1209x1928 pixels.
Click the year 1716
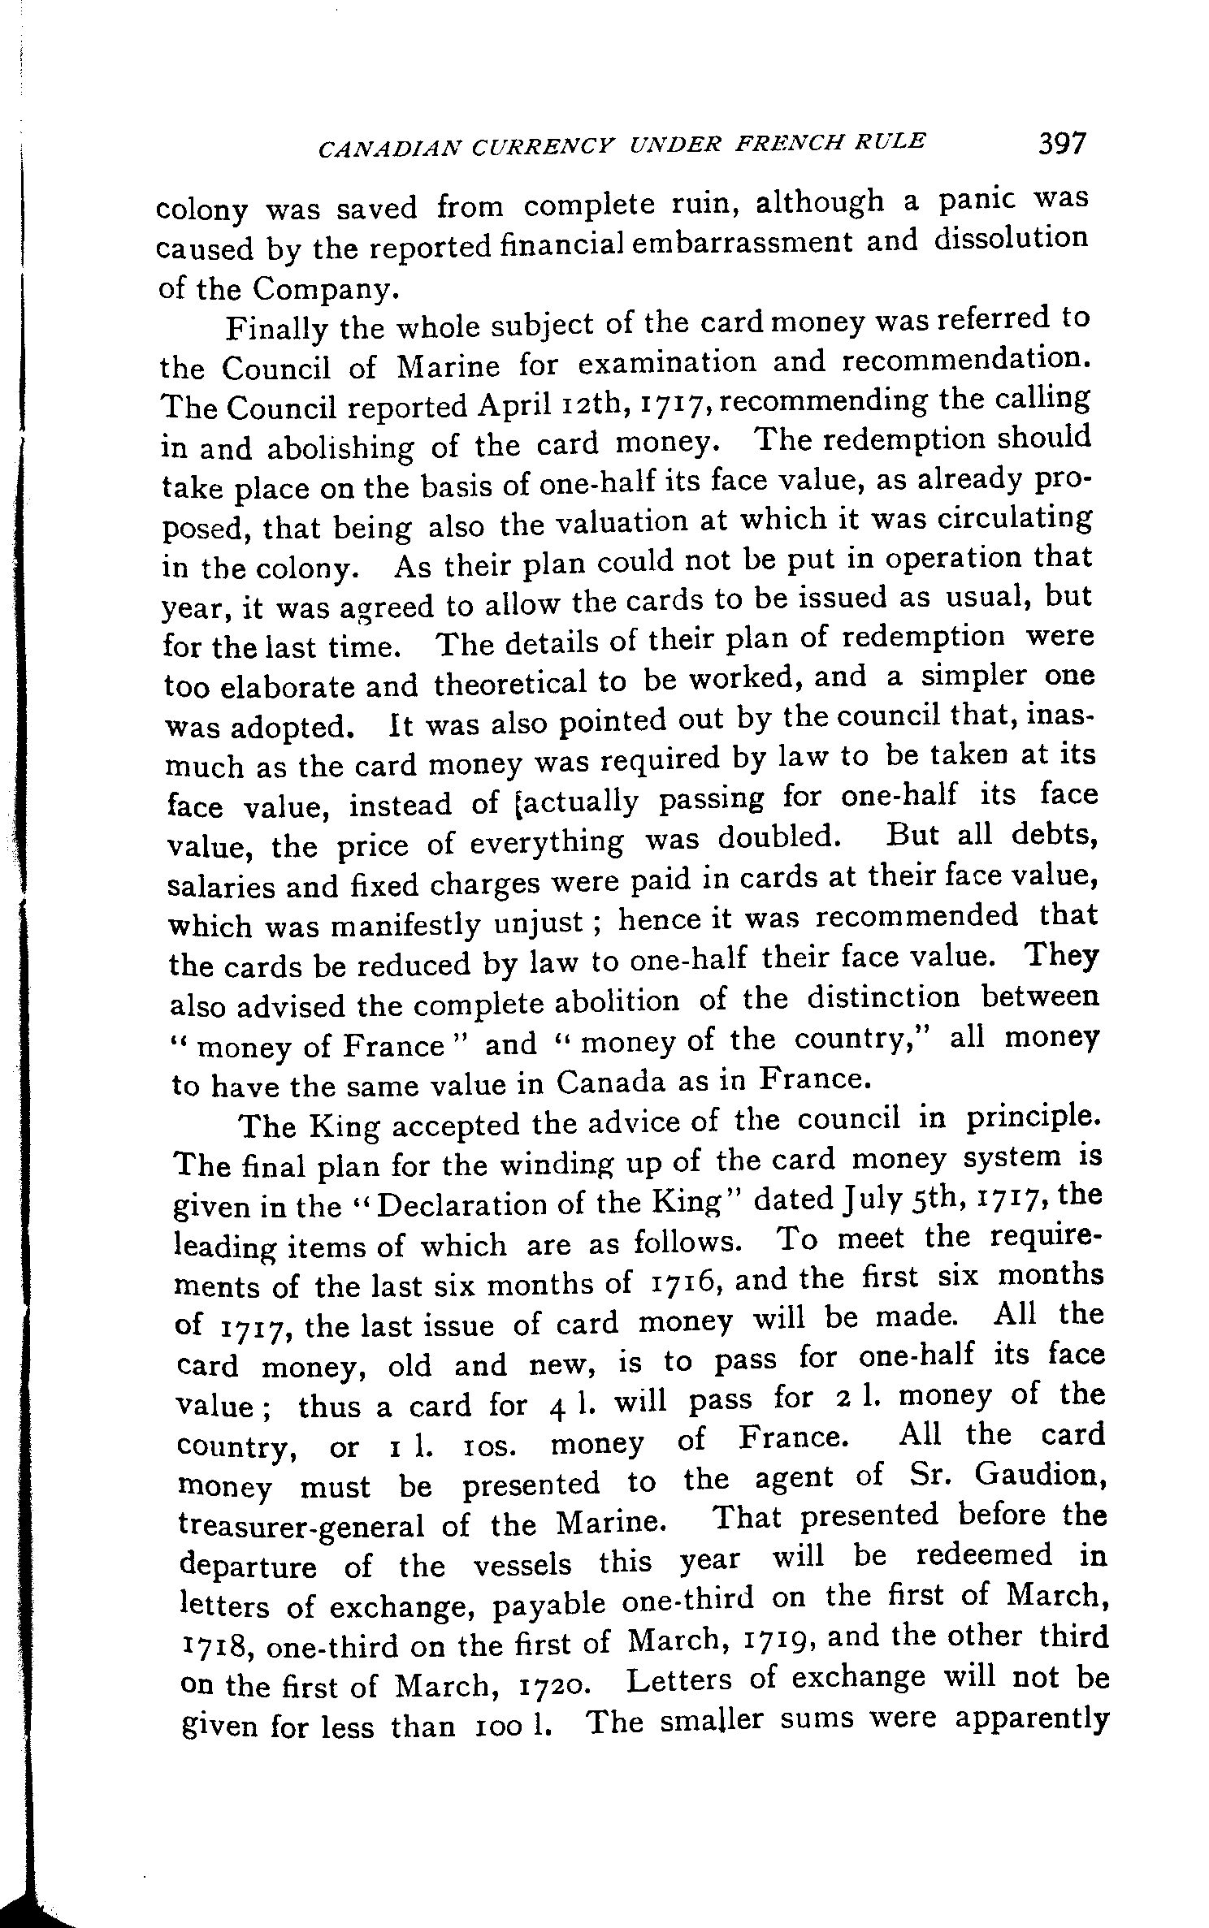pyautogui.click(x=682, y=1283)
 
